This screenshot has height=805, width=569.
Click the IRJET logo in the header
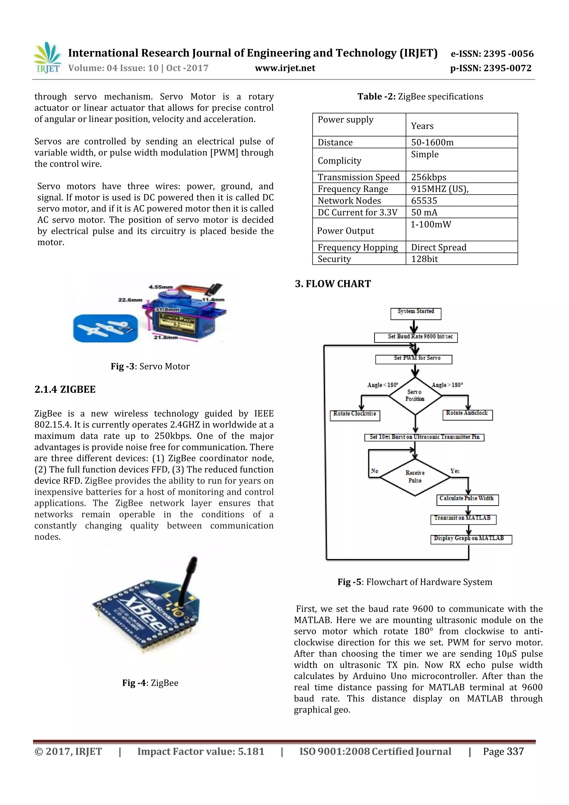click(x=47, y=58)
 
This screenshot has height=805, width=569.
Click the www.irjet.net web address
click(x=285, y=68)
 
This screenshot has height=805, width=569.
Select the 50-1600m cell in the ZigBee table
click(x=432, y=142)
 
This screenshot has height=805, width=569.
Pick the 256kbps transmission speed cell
click(x=428, y=177)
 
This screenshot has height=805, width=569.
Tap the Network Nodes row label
click(x=349, y=201)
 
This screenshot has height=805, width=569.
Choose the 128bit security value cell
click(x=424, y=259)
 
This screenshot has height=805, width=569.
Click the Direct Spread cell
click(x=439, y=247)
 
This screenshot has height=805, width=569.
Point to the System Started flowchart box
click(x=416, y=313)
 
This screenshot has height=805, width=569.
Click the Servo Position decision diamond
click(x=415, y=395)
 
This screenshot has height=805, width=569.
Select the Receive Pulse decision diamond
click(x=415, y=477)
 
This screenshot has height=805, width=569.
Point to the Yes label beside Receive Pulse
click(x=455, y=471)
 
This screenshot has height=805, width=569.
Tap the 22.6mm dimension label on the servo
click(x=130, y=300)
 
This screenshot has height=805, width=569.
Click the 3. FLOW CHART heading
click(x=333, y=284)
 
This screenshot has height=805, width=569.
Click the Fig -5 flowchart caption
click(x=415, y=582)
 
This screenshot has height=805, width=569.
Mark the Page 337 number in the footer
click(x=503, y=751)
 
